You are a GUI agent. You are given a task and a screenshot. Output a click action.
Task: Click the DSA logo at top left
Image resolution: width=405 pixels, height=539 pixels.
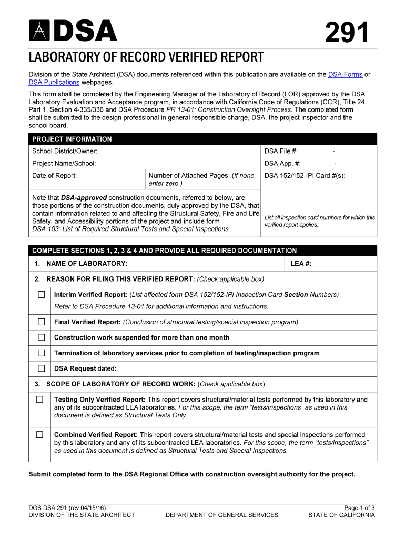point(73,31)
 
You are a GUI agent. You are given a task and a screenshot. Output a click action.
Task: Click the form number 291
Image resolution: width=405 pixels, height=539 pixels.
point(347,34)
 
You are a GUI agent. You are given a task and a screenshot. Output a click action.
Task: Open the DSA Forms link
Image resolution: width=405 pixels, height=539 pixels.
point(345,75)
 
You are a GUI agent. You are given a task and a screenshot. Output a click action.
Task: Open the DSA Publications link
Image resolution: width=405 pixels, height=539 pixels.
point(54,83)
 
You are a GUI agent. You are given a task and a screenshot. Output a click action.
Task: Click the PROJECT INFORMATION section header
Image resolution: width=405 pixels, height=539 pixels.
point(72,139)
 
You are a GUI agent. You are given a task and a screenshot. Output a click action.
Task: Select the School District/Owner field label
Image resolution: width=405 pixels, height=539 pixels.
point(65,152)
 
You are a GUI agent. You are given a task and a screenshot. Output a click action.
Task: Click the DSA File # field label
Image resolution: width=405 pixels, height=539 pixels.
point(281,152)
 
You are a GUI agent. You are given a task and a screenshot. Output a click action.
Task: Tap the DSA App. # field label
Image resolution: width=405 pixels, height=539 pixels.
point(282,164)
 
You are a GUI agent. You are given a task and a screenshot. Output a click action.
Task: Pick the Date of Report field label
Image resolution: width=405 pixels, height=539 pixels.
point(55,176)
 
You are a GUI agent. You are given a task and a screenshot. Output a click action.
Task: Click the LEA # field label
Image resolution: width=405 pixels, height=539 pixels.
point(301,264)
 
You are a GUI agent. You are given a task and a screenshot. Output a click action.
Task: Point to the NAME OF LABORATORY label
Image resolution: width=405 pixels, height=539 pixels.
point(87,264)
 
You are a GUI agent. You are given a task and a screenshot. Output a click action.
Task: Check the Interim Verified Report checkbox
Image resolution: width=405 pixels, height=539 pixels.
point(41,295)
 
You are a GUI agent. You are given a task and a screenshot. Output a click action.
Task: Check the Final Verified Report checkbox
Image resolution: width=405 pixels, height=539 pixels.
point(41,322)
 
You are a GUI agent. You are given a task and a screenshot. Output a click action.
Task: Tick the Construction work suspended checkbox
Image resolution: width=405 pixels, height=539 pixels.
point(41,337)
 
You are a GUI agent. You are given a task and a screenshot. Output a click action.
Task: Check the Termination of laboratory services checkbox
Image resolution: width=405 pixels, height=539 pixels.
point(41,353)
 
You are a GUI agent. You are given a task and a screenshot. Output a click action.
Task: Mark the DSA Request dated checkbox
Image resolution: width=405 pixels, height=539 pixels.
point(41,368)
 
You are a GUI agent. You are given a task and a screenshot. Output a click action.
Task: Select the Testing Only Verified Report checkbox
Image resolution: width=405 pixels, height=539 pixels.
point(40,400)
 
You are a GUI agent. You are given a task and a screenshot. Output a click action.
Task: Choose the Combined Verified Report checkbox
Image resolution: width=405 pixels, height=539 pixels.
point(40,435)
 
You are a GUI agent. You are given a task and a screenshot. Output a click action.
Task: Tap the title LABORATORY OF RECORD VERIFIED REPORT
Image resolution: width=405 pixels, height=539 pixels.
point(146,57)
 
